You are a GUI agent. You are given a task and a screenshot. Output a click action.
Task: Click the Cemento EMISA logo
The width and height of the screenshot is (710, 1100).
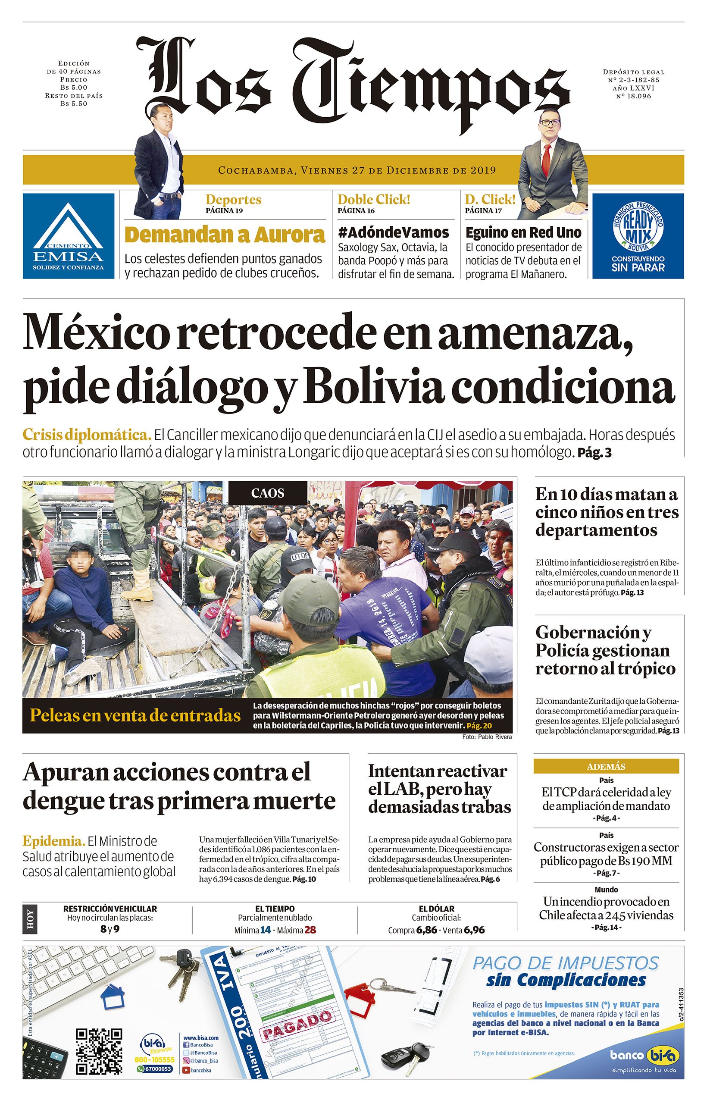point(68,235)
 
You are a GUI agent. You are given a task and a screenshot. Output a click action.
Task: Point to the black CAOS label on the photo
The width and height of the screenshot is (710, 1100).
point(268,493)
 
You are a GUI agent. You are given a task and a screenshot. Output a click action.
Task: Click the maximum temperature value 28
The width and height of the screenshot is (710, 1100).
point(310,930)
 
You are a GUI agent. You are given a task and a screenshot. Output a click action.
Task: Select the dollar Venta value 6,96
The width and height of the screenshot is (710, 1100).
point(474,930)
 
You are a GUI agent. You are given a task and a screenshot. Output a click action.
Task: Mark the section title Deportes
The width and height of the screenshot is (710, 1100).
point(233,200)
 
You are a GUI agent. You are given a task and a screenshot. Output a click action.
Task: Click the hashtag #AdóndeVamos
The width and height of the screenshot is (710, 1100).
point(393,232)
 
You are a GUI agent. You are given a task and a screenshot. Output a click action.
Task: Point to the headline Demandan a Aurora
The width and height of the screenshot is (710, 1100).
point(225,235)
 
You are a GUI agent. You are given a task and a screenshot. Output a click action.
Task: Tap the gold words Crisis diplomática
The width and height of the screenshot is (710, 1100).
point(87,434)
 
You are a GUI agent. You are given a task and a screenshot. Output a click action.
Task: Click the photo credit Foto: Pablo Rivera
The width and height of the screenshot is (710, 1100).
point(486,737)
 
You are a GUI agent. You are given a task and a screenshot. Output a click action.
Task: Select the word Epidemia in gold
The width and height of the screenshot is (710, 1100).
point(54,841)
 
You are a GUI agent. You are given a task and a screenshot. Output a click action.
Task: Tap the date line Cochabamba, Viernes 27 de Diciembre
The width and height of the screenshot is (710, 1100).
point(357,170)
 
